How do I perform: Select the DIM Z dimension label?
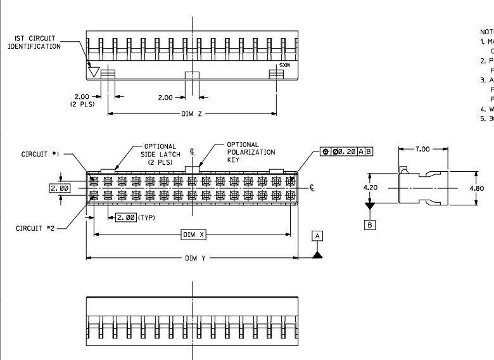point(193,114)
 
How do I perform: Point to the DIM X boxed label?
point(194,235)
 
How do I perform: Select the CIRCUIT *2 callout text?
point(36,228)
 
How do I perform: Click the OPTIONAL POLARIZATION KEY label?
point(251,152)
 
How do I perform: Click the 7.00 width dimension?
point(422,149)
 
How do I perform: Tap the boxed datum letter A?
point(318,236)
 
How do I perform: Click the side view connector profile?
point(422,188)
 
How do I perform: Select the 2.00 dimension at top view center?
point(165,98)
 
